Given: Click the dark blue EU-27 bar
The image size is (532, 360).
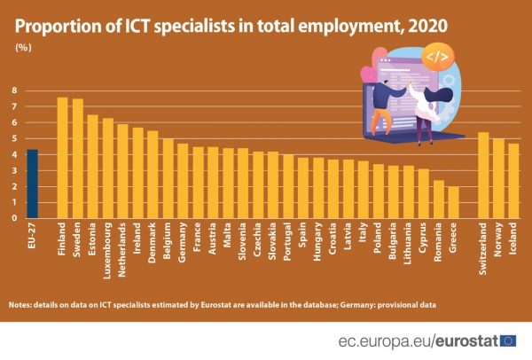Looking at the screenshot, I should (x=32, y=184).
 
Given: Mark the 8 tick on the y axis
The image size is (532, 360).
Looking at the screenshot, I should (x=15, y=90).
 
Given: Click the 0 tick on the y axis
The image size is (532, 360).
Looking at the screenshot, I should (x=15, y=218).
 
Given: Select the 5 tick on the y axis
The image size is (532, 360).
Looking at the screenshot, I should (x=15, y=138).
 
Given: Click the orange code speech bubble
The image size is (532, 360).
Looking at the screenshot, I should (x=437, y=58).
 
